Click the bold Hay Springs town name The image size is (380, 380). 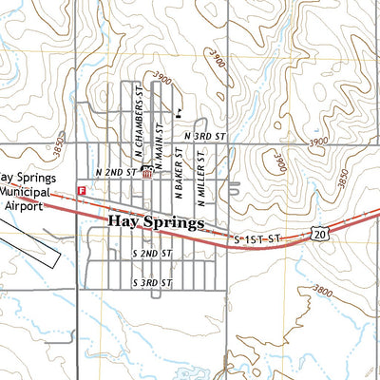pos(157,223)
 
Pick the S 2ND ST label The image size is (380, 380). pos(151,255)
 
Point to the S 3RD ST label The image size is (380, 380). pos(151,283)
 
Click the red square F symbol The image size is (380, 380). pos(82,191)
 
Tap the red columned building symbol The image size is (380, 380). pos(146,173)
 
